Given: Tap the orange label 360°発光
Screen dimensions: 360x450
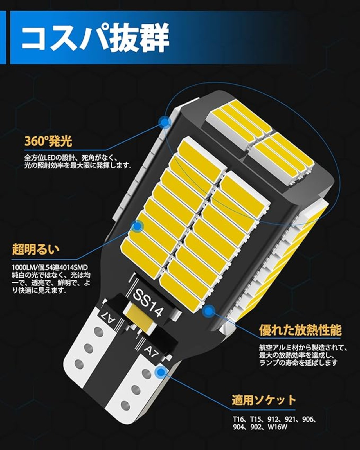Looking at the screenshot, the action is point(48,141).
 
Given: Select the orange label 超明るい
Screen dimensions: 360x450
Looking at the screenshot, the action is point(36,249).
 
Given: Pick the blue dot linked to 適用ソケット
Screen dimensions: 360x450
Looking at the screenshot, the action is point(161,372).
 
